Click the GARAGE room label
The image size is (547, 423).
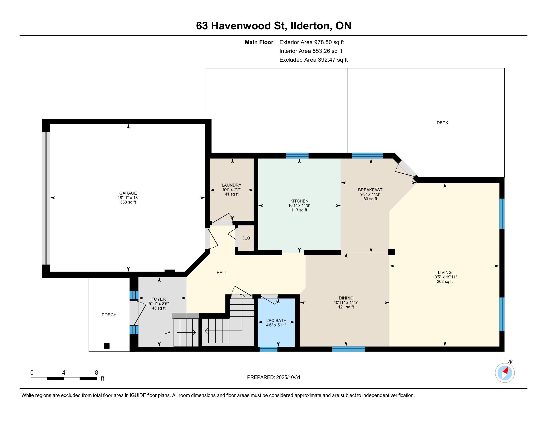click(x=128, y=193)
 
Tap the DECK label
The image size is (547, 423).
click(x=442, y=123)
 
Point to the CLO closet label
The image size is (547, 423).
click(x=246, y=238)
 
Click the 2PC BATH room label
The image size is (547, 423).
click(x=276, y=320)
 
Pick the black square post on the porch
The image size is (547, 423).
click(x=107, y=346)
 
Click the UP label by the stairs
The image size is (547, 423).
click(x=167, y=332)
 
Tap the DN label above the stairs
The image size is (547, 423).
click(x=242, y=296)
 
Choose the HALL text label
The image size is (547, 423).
click(x=222, y=273)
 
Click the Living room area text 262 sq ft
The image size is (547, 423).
click(x=445, y=281)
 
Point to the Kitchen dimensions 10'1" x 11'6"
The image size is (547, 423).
click(x=299, y=206)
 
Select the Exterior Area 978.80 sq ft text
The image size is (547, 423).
click(x=312, y=42)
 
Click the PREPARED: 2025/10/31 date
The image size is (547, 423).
click(x=273, y=377)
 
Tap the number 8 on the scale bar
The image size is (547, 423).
click(x=96, y=373)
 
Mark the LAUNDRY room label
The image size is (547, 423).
click(x=231, y=185)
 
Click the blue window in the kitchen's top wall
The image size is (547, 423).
click(x=297, y=156)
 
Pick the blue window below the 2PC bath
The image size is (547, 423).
click(x=269, y=349)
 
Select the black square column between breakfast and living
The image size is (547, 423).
click(x=391, y=252)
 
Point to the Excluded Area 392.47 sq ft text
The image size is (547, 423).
click(x=314, y=60)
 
